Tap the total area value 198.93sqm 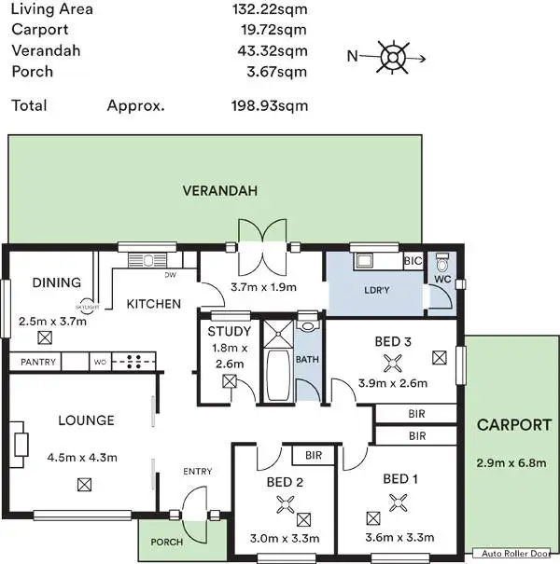point(269,105)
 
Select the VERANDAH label point(219,190)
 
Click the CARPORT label point(513,425)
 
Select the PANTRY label point(37,362)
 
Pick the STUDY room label point(229,331)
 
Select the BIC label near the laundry point(413,262)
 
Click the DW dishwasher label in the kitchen point(170,275)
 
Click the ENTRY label point(198,472)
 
